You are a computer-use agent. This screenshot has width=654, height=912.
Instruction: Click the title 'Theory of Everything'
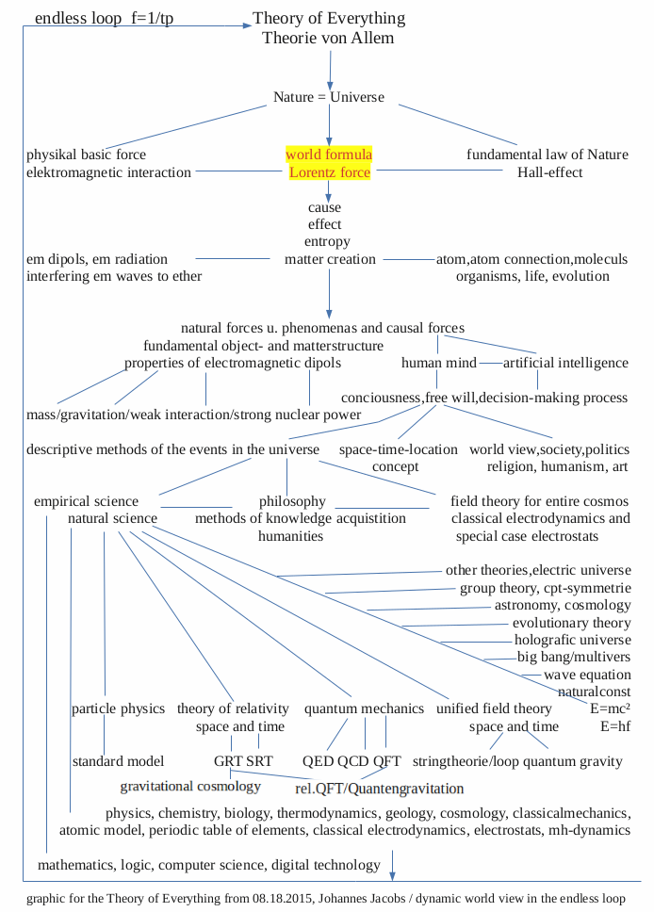(329, 18)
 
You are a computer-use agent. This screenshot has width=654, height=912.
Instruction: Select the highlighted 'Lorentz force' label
(329, 172)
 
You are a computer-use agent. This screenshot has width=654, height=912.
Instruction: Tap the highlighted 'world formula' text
(329, 154)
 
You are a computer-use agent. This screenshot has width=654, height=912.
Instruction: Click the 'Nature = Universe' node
(329, 97)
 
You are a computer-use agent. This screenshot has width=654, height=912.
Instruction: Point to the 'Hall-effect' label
(549, 172)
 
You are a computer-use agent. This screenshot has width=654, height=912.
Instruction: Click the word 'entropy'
(327, 242)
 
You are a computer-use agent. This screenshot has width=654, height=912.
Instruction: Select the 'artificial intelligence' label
(565, 363)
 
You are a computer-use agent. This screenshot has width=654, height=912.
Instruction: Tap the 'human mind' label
(438, 363)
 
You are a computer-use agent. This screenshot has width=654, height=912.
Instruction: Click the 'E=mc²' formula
(610, 708)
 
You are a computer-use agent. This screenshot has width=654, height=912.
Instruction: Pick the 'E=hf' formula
(615, 726)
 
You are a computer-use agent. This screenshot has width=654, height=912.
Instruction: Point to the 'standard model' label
(118, 761)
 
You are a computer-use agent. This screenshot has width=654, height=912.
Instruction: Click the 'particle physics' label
(118, 708)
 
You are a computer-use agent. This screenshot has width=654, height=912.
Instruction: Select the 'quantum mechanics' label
(364, 708)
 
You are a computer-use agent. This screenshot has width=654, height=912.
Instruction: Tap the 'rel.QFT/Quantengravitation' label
(380, 789)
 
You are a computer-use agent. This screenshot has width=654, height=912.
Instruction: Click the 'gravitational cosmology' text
(190, 786)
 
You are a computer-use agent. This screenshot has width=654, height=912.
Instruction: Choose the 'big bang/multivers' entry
(574, 657)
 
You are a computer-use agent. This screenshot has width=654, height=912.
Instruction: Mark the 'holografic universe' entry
(573, 640)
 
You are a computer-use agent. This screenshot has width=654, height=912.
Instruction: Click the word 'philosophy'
(292, 501)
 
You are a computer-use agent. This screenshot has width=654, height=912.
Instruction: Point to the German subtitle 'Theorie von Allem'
(328, 38)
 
